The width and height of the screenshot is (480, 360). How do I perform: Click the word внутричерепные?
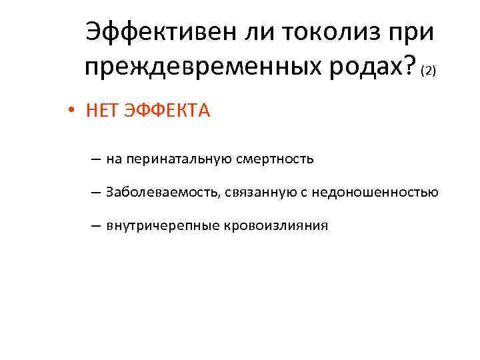(x=150, y=225)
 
